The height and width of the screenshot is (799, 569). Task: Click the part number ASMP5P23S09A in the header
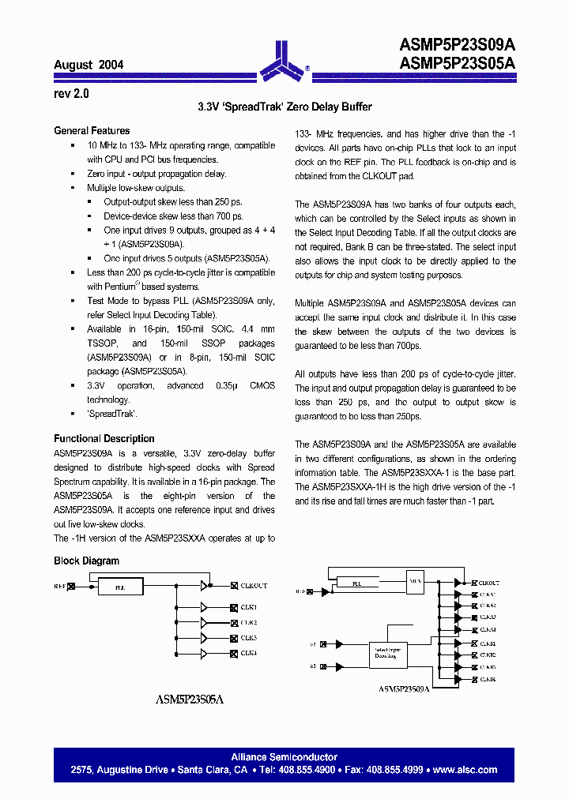click(458, 47)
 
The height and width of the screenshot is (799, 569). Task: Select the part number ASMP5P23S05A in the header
click(458, 63)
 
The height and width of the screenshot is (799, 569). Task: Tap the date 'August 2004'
click(88, 65)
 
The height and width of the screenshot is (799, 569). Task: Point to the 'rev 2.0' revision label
click(71, 93)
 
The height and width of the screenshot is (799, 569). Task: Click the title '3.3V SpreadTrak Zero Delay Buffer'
click(284, 107)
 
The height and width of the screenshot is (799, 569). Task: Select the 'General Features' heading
click(92, 131)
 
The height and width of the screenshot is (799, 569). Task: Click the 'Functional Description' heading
click(104, 438)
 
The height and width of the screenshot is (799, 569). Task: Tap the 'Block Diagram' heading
click(86, 561)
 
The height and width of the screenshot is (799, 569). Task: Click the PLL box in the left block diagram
click(119, 587)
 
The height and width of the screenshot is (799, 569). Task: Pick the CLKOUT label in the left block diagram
click(254, 586)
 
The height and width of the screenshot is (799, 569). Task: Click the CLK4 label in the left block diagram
click(249, 653)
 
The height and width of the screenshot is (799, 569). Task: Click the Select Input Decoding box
click(387, 652)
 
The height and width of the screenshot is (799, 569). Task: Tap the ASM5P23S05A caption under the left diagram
click(190, 699)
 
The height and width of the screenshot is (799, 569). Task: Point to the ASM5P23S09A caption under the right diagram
click(403, 688)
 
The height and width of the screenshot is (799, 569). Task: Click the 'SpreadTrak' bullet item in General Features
click(112, 414)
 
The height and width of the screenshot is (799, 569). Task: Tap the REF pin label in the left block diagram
click(59, 586)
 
